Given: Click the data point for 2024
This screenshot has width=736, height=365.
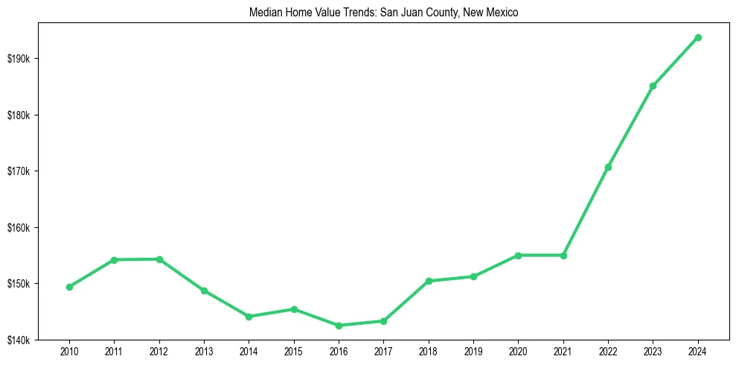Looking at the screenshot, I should point(698,37).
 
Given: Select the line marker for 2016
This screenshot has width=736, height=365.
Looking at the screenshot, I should point(339,326).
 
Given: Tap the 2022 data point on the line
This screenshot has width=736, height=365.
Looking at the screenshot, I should point(608,167).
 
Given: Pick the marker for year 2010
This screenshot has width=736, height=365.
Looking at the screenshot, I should point(69,287).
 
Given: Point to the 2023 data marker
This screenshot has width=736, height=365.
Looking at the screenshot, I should point(653,86).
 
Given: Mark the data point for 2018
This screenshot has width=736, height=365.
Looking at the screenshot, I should point(429,281).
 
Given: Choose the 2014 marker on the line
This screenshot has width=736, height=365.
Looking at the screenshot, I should point(249,317).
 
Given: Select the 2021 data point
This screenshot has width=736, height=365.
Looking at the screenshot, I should point(563,256).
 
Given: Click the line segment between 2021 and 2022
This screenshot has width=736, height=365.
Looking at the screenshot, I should point(586,212).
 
